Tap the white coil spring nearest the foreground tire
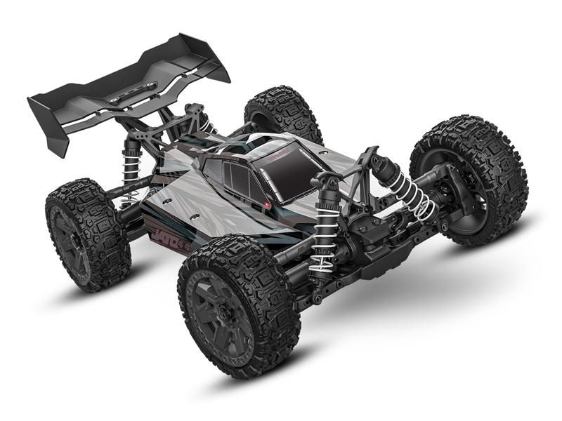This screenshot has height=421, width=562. pos(323,235)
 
